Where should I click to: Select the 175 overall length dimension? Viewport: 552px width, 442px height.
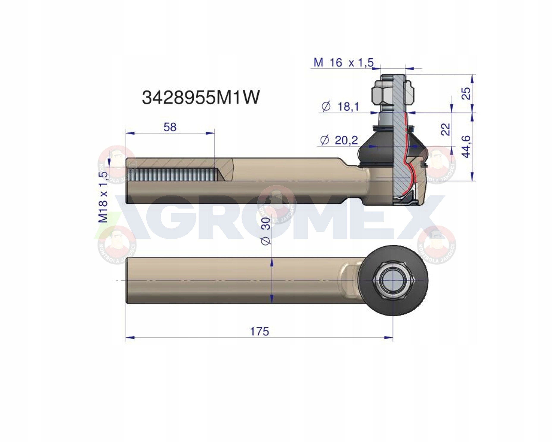pyautogui.click(x=259, y=331)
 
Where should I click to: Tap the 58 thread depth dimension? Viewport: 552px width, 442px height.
pyautogui.click(x=170, y=127)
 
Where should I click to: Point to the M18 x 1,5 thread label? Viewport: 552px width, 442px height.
pyautogui.click(x=104, y=197)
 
